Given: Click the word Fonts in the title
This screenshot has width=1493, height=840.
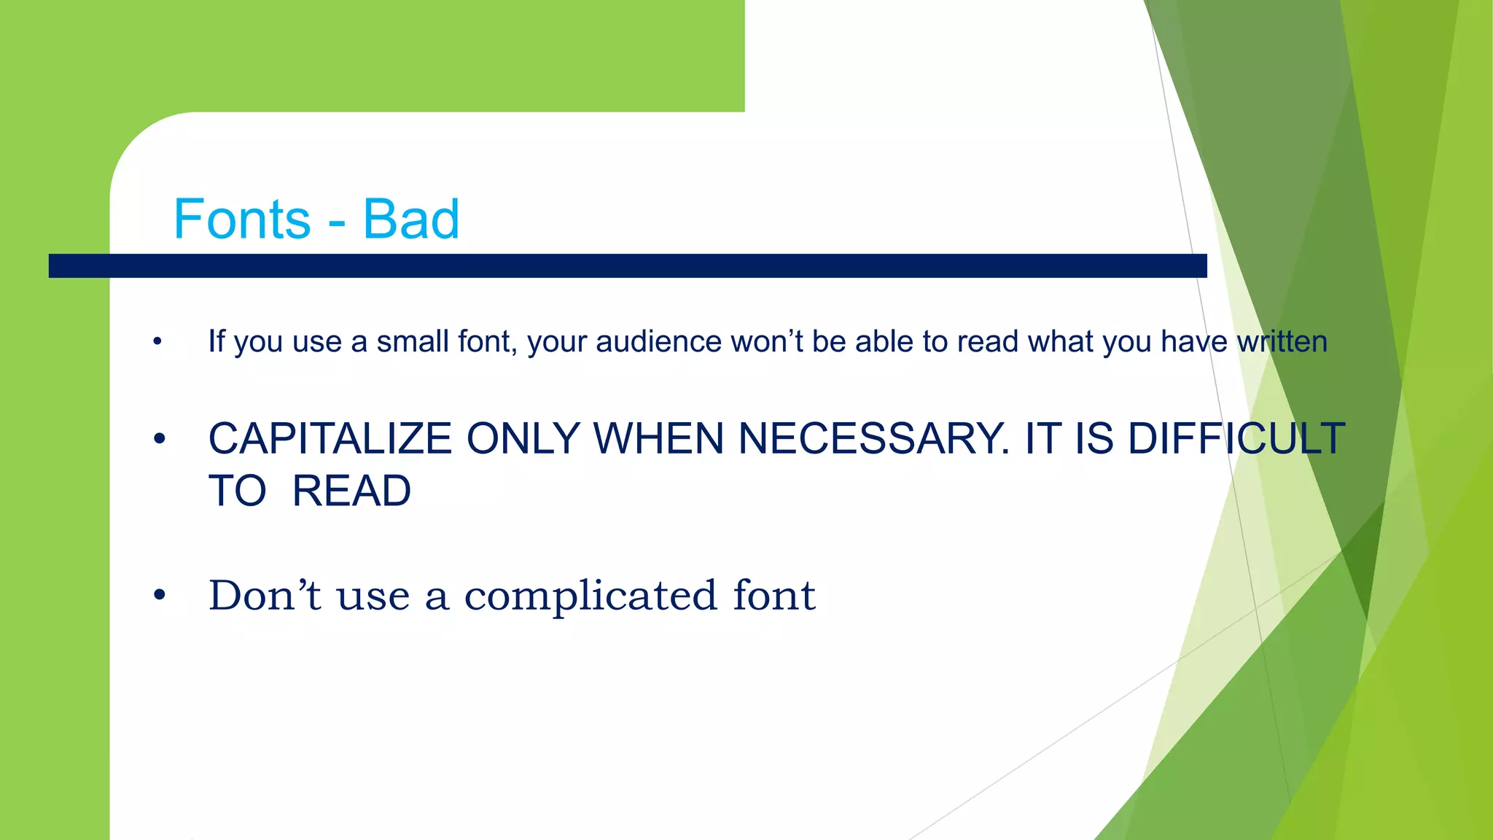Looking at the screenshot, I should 242,219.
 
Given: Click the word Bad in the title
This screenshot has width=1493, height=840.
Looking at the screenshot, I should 411,219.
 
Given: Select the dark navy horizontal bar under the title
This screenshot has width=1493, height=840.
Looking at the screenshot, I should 627,265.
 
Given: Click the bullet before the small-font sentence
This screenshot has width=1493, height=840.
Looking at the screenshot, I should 157,342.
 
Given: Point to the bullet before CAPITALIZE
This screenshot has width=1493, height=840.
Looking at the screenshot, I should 160,440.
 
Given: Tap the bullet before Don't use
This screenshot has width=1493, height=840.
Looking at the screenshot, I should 160,596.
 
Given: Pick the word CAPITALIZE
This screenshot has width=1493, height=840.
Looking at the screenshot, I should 330,440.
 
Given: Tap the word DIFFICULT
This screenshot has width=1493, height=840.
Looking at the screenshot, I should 1236,440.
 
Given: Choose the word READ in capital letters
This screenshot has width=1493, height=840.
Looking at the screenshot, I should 351,491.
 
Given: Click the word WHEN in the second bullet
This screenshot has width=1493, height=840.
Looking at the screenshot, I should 658,440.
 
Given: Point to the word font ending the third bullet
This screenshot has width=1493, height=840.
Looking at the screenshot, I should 774,595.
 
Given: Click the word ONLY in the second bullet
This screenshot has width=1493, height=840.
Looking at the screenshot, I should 523,440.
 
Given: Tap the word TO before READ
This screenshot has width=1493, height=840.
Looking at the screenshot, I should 238,491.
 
